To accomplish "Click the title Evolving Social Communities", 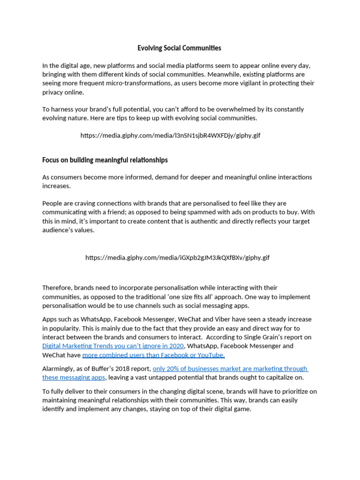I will click(179, 48).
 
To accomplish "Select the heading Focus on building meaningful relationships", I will click(105, 160).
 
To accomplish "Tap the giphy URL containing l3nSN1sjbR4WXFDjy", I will click(170, 135).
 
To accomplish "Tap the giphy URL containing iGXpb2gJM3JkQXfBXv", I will click(177, 258).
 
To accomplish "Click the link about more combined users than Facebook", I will click(153, 355).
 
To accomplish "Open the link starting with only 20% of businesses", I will click(230, 368).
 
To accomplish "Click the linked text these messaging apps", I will click(74, 377).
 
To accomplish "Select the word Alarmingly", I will click(60, 368).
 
